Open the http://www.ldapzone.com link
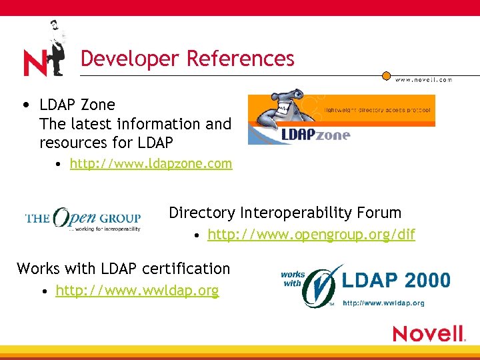click(151, 163)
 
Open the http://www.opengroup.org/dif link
click(311, 235)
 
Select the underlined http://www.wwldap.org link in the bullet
click(137, 291)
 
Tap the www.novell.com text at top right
click(423, 79)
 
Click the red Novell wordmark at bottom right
click(428, 333)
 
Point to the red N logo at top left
click(35, 63)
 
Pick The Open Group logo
click(83, 218)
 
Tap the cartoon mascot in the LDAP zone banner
click(279, 110)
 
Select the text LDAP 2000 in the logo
click(396, 281)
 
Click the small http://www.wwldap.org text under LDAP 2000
click(383, 303)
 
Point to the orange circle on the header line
click(386, 75)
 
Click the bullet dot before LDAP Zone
click(25, 105)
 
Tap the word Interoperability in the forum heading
click(297, 213)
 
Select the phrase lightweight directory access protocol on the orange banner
click(377, 109)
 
